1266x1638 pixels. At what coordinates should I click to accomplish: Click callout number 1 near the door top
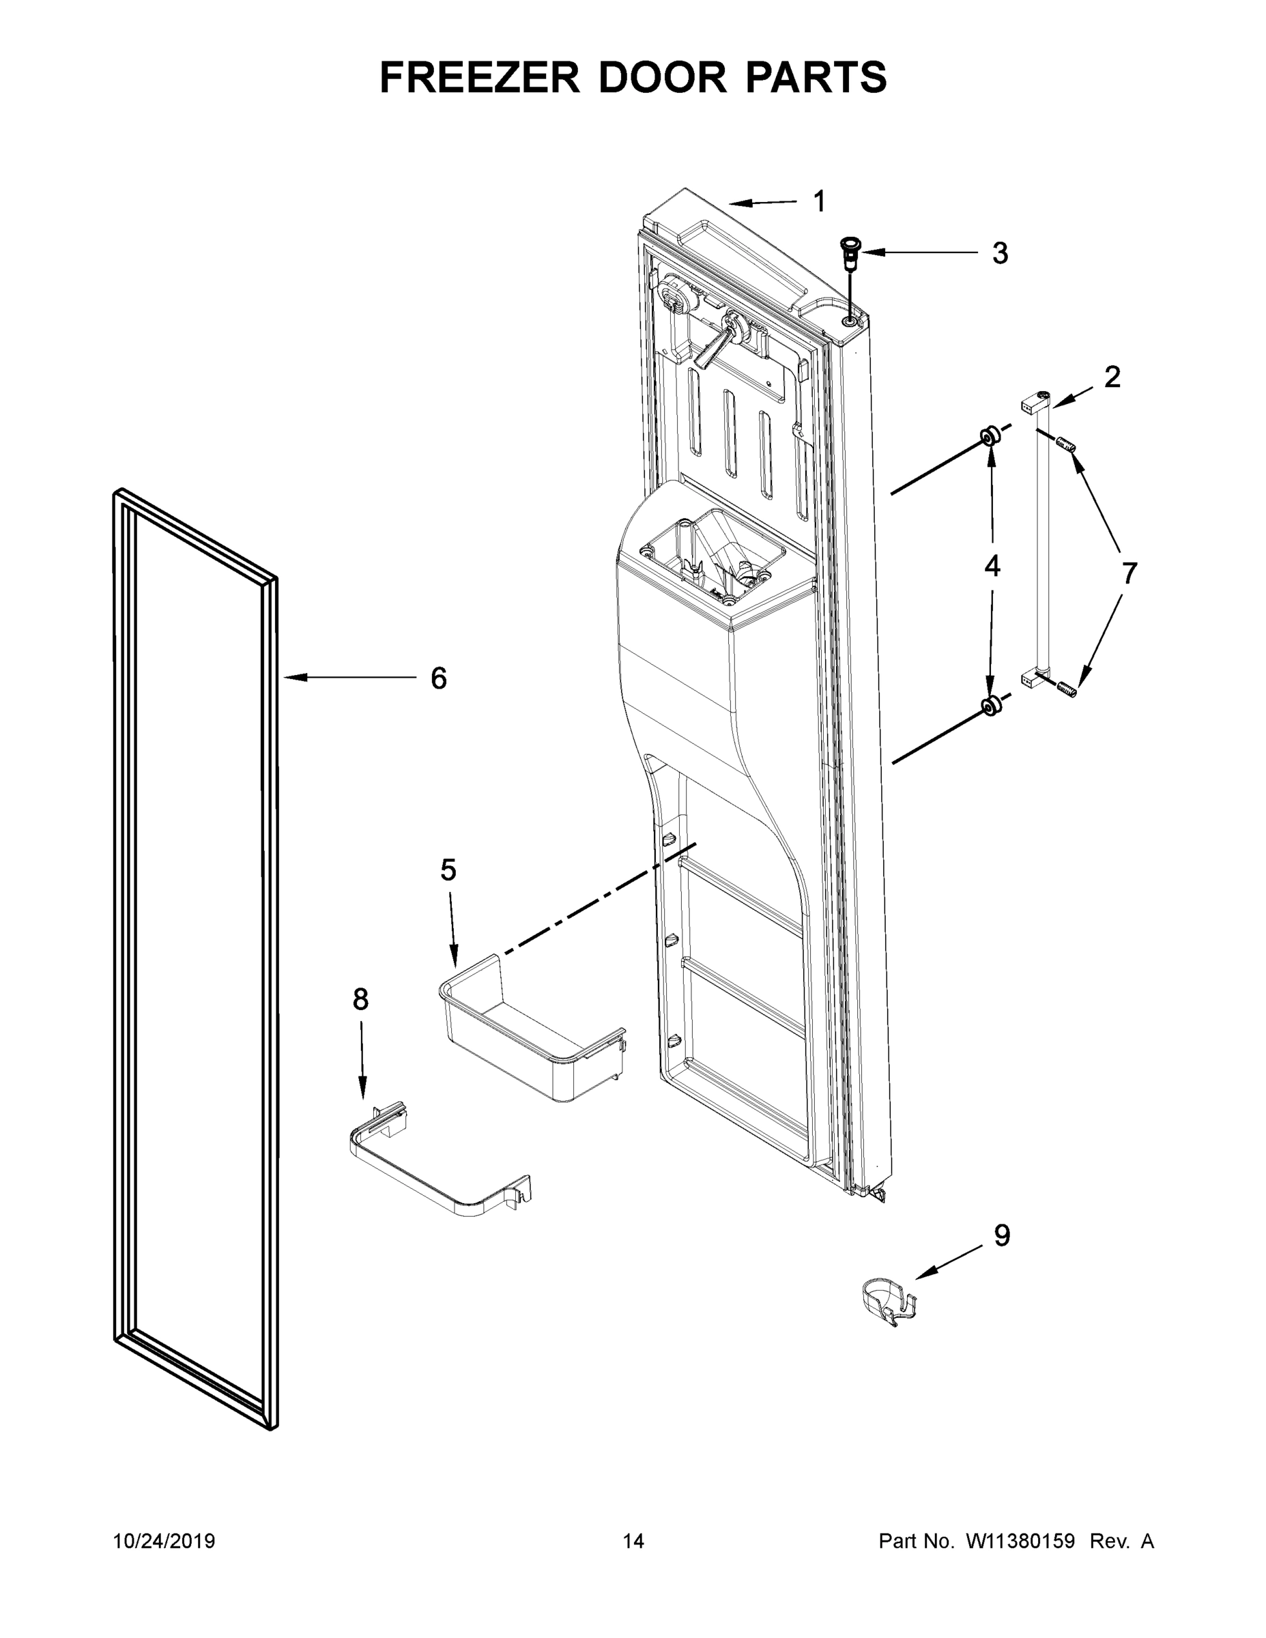(x=819, y=202)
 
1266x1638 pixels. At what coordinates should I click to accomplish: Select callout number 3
(x=1000, y=253)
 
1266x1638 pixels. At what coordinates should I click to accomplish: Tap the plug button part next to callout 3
(x=851, y=253)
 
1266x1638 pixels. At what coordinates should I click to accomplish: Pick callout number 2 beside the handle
(x=1112, y=377)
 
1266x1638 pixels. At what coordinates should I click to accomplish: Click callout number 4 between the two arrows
(x=992, y=566)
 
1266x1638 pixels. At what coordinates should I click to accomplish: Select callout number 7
(x=1129, y=573)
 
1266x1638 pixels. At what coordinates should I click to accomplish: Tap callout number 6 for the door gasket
(x=438, y=678)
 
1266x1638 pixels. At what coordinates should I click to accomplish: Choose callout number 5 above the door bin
(x=448, y=870)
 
